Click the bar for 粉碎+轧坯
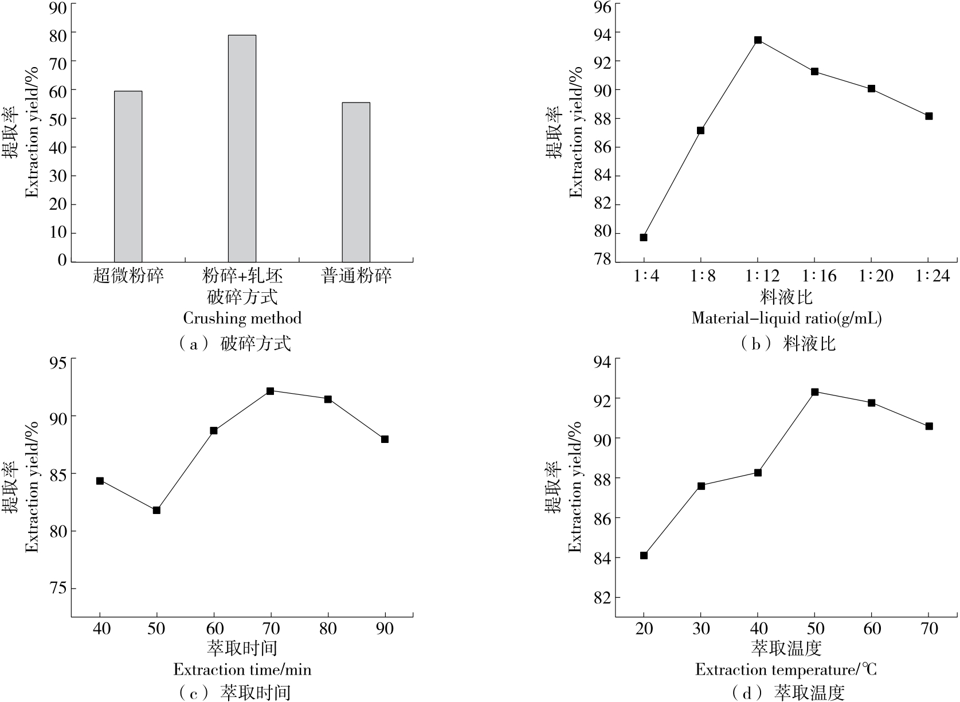(242, 148)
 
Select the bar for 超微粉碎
(128, 177)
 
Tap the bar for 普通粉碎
(356, 182)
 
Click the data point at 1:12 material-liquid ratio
(758, 40)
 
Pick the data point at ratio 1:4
(644, 237)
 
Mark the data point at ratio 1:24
(929, 116)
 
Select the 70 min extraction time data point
(270, 391)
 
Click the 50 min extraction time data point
(156, 510)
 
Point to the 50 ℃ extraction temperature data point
(814, 392)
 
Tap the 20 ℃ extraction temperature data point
(644, 555)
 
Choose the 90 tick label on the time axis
(385, 629)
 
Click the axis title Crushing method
(242, 318)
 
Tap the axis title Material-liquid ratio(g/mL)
(786, 318)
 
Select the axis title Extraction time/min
(242, 669)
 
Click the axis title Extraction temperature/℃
(786, 669)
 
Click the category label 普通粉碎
(356, 277)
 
